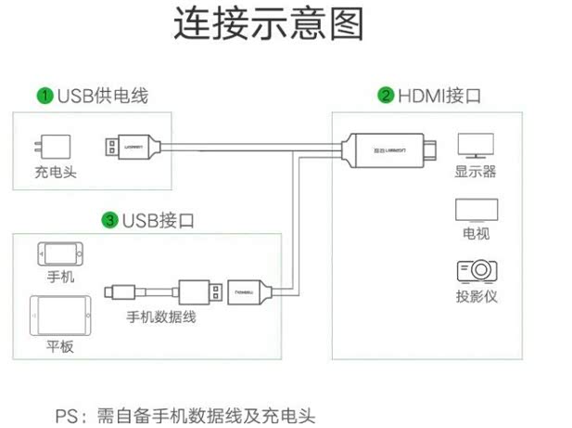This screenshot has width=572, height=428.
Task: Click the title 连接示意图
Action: point(268,25)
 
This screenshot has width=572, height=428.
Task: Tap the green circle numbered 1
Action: point(44,95)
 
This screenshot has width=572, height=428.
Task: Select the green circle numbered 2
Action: point(386,96)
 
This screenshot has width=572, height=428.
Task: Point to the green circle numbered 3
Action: point(110,220)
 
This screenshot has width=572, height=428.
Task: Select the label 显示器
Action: point(475,172)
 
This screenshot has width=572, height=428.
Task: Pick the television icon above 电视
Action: point(476,209)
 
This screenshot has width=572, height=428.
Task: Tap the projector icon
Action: point(476,270)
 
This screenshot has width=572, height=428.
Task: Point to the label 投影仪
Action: point(476,297)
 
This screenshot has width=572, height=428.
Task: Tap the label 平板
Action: point(59,347)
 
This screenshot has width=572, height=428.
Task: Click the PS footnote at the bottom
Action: point(185,414)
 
